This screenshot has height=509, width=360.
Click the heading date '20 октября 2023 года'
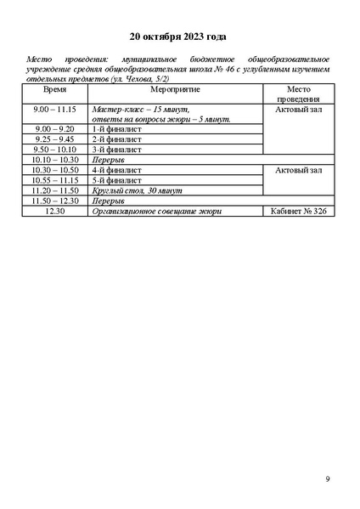[178, 37]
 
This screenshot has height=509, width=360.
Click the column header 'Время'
[55, 89]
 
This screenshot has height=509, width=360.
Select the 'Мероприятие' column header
[176, 89]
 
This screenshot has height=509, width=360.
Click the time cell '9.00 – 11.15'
[55, 110]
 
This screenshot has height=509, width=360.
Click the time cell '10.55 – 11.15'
[55, 180]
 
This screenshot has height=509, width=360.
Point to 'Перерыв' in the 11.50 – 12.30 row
[108, 201]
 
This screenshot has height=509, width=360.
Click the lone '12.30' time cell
[55, 211]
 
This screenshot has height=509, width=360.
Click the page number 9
[328, 480]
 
